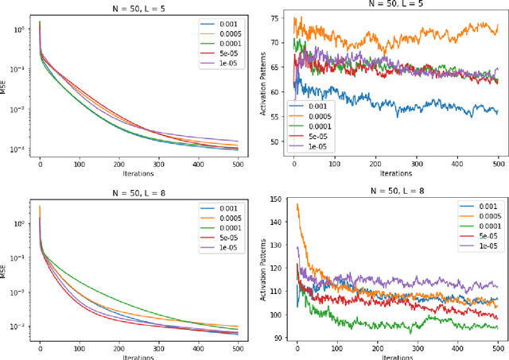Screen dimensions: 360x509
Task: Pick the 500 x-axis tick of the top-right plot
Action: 498,165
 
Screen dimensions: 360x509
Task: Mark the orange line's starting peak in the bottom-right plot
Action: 297,204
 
